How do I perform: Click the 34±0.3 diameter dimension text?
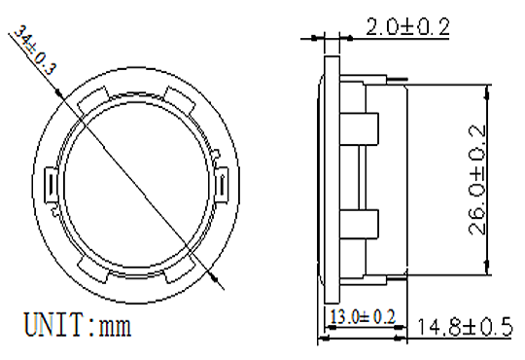[35, 51]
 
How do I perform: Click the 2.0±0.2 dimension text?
[407, 27]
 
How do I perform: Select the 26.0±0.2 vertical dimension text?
[476, 180]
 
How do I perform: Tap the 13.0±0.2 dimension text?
[363, 316]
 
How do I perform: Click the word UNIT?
[53, 324]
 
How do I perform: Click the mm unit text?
[115, 327]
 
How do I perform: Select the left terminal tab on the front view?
[51, 185]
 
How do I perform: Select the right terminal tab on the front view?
[222, 185]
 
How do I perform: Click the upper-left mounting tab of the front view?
[93, 100]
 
